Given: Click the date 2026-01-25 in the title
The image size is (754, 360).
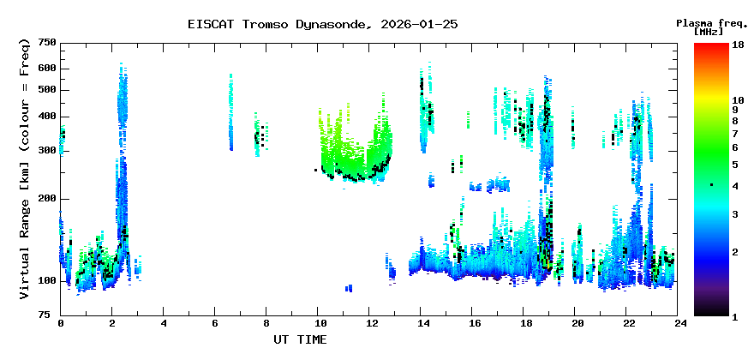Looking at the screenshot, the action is (419, 24).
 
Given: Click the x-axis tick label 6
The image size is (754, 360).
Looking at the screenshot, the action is (214, 324).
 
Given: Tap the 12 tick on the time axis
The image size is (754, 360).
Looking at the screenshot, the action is (368, 324).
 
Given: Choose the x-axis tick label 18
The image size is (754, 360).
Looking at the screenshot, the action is (524, 324).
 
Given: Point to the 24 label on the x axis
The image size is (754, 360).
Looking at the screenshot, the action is (677, 324).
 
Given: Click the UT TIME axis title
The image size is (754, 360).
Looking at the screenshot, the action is (300, 339).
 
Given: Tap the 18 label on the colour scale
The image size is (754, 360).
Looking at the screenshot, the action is (738, 45).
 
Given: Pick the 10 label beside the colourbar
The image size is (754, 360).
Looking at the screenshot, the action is (738, 100).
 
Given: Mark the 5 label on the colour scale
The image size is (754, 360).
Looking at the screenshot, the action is (735, 165).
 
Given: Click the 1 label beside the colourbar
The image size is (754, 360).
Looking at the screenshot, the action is (735, 317).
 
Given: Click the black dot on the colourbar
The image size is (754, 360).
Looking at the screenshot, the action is (712, 185).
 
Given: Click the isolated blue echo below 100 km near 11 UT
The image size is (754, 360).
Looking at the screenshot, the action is (349, 288).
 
